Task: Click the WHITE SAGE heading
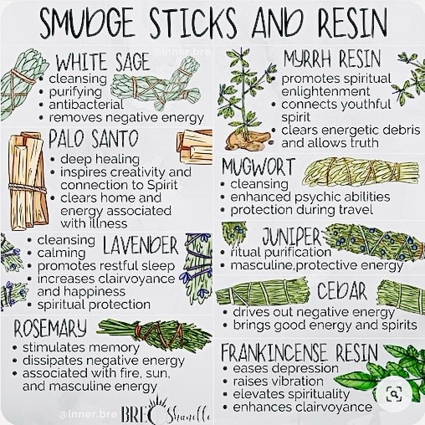coord(103,62)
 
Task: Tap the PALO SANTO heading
coord(94,139)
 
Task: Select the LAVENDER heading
coord(141,245)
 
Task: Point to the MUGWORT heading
coord(259,167)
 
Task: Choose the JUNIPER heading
coord(292,237)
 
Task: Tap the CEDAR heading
coord(342,290)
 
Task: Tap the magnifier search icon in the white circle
coord(394,394)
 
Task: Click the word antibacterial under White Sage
coord(86,105)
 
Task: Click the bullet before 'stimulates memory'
coord(16,348)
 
